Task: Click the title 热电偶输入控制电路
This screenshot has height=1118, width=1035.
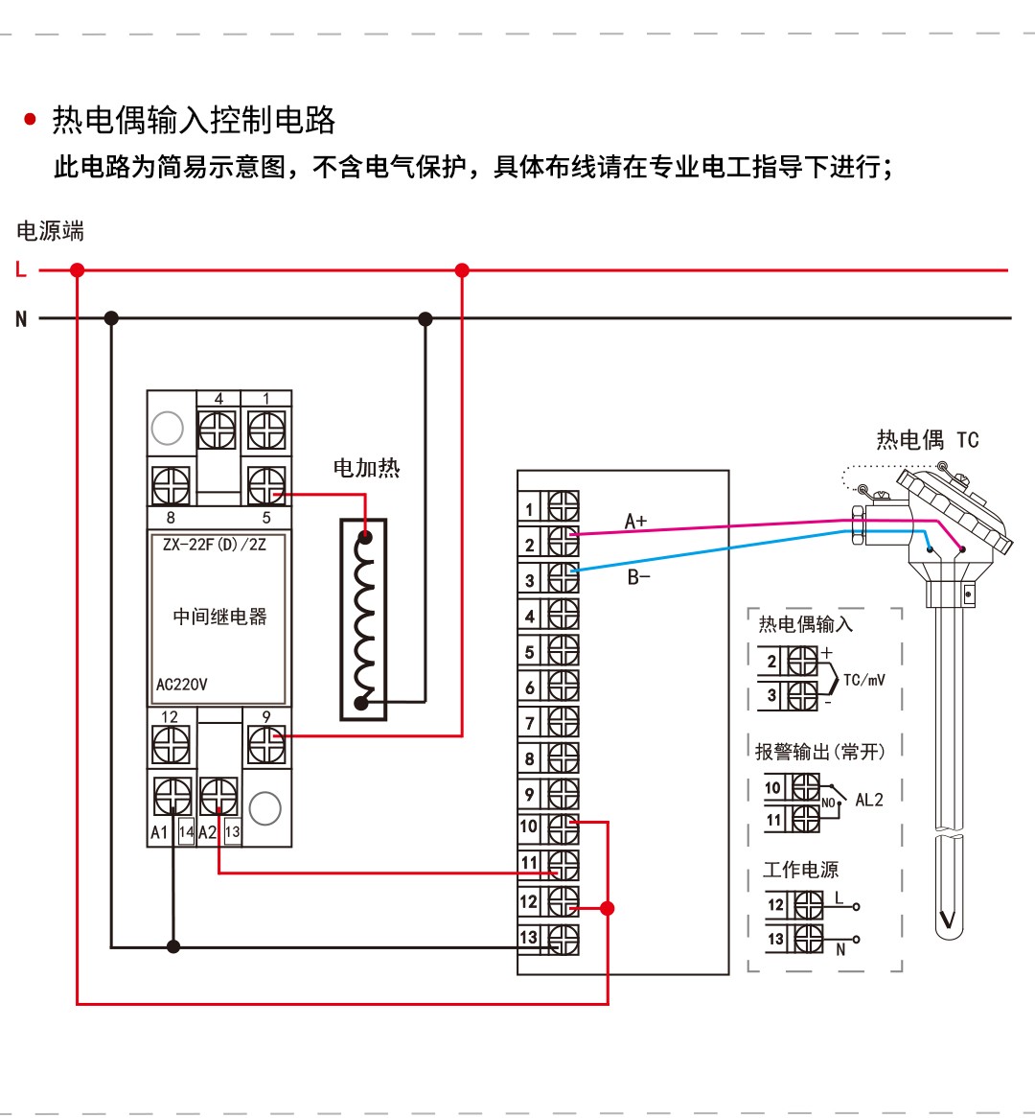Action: (194, 120)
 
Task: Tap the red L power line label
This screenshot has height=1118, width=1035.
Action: (21, 270)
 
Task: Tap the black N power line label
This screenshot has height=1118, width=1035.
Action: (21, 319)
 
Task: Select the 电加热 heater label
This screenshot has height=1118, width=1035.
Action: (366, 468)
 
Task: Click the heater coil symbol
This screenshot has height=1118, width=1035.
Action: (364, 619)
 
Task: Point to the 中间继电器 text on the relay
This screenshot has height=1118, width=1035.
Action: (219, 617)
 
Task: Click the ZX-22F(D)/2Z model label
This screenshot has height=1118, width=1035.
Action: (215, 545)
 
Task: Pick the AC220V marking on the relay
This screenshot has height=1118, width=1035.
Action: (182, 685)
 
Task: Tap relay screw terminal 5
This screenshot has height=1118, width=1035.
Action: (266, 486)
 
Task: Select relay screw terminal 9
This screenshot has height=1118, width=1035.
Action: (266, 744)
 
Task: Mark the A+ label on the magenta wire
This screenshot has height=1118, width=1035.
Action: (635, 521)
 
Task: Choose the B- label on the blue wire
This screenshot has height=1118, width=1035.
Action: (638, 577)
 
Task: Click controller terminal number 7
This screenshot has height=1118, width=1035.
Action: (530, 723)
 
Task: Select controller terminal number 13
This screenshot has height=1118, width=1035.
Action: (529, 937)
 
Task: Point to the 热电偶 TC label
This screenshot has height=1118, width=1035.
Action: (927, 440)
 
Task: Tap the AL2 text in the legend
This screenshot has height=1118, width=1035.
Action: (869, 800)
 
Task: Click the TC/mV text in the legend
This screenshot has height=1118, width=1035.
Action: (863, 680)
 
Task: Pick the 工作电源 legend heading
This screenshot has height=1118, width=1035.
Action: (800, 870)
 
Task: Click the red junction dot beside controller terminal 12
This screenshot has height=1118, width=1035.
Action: (607, 908)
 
